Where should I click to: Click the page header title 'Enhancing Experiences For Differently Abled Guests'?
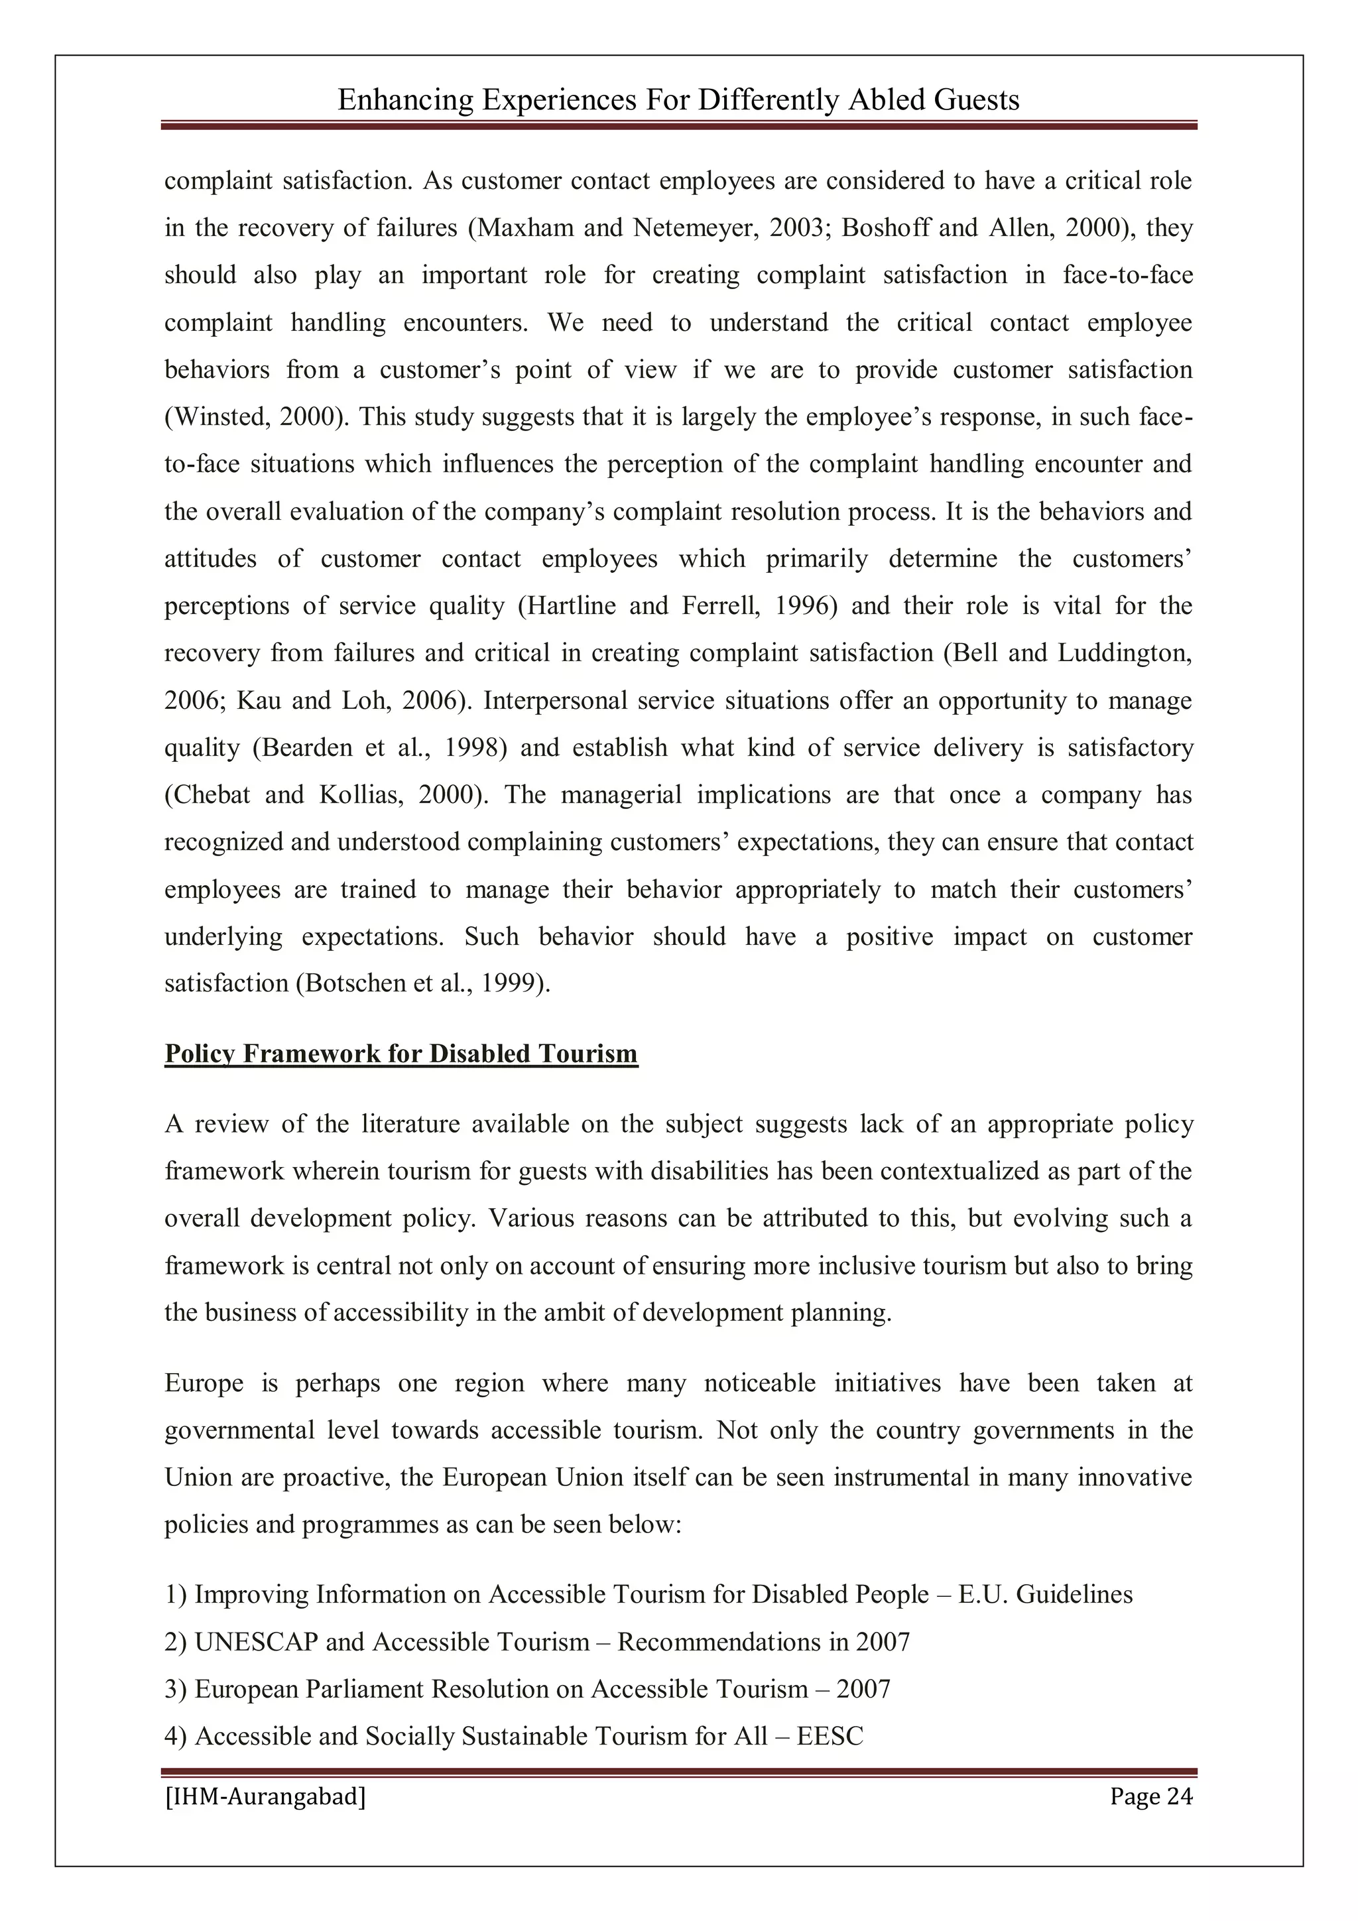pyautogui.click(x=678, y=100)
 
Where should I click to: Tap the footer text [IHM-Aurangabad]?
pyautogui.click(x=265, y=1796)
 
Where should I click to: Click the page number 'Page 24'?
pyautogui.click(x=1150, y=1796)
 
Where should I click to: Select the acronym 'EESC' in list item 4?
pyautogui.click(x=830, y=1736)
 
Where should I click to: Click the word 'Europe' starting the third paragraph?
pyautogui.click(x=204, y=1384)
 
